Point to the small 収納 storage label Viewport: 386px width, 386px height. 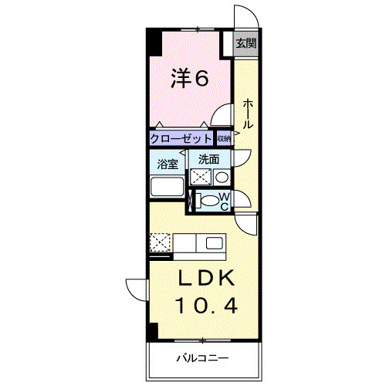(x=223, y=139)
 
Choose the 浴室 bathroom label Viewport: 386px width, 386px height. (x=168, y=164)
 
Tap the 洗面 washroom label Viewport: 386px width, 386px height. (x=208, y=160)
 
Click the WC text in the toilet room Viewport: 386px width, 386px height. (x=224, y=202)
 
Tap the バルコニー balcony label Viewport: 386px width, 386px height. (x=202, y=358)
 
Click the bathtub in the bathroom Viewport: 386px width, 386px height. (x=166, y=187)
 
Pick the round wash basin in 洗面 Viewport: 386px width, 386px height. (x=221, y=178)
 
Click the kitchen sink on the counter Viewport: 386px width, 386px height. (x=213, y=244)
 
